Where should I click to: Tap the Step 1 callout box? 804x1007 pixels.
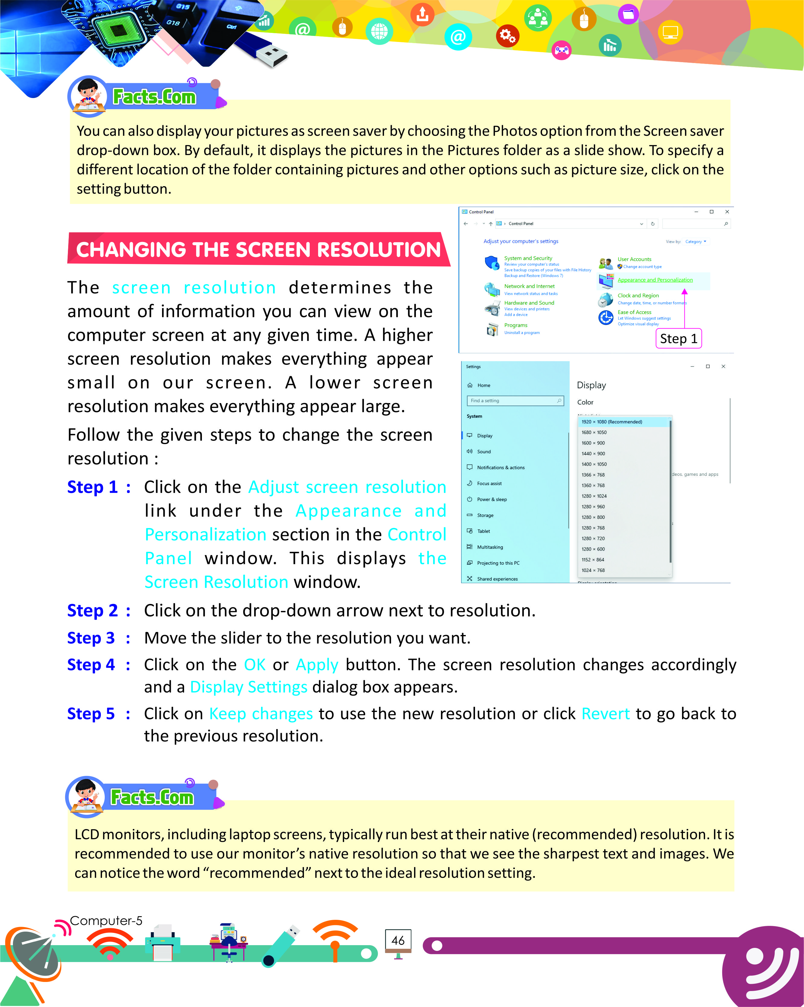point(678,338)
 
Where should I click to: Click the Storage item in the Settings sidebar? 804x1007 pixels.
point(485,515)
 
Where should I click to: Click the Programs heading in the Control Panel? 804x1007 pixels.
point(516,325)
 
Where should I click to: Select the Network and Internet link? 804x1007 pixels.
point(529,286)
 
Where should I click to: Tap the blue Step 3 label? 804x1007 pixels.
point(91,638)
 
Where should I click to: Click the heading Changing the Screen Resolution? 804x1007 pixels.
point(258,249)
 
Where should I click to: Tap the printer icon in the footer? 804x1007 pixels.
point(163,942)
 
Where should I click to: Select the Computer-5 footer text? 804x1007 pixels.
point(106,921)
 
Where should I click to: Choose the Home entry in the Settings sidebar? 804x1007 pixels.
point(483,385)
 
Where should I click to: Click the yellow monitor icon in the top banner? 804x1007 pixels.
point(670,33)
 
